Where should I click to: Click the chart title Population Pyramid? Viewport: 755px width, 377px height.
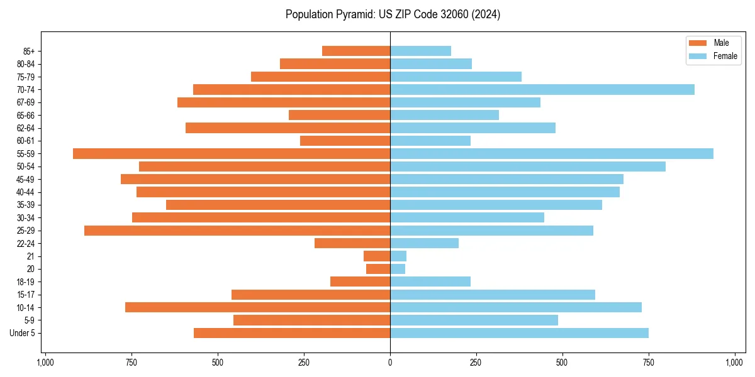pyautogui.click(x=393, y=14)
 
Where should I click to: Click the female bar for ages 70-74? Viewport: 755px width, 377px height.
pyautogui.click(x=542, y=90)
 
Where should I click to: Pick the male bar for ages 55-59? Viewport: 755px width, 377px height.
pyautogui.click(x=232, y=154)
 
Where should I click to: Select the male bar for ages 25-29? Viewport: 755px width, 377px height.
pyautogui.click(x=237, y=231)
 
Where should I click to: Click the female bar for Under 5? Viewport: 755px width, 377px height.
pyautogui.click(x=519, y=333)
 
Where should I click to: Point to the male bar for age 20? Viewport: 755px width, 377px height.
pyautogui.click(x=378, y=269)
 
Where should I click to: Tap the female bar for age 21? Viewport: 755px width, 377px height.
pyautogui.click(x=398, y=256)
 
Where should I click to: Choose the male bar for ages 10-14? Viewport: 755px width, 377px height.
pyautogui.click(x=257, y=307)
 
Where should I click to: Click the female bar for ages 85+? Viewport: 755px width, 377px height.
pyautogui.click(x=420, y=51)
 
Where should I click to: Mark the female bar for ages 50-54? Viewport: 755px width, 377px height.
pyautogui.click(x=528, y=167)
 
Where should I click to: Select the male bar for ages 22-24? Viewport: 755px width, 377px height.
pyautogui.click(x=352, y=243)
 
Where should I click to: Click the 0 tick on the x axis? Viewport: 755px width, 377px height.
pyautogui.click(x=390, y=363)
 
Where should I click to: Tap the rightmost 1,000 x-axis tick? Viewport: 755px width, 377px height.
pyautogui.click(x=735, y=363)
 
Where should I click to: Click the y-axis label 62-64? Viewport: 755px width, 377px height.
pyautogui.click(x=25, y=128)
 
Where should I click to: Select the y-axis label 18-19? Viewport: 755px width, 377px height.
pyautogui.click(x=25, y=282)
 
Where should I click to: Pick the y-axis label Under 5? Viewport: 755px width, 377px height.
pyautogui.click(x=22, y=333)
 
